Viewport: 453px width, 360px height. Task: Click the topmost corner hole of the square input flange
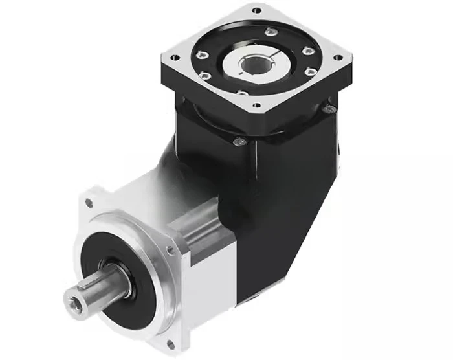tap(257, 10)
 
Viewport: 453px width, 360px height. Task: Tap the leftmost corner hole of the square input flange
tap(173, 57)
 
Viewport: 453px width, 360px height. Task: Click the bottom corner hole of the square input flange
tap(256, 105)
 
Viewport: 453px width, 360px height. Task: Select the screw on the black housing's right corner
tap(331, 109)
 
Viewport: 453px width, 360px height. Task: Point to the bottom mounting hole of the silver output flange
tap(170, 343)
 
